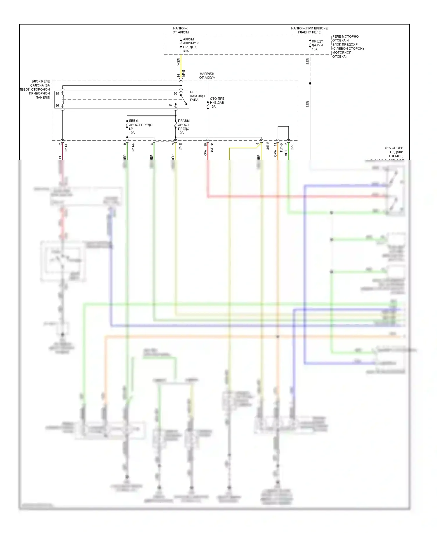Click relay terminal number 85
57,94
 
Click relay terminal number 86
57,106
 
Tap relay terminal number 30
175,94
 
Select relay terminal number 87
171,105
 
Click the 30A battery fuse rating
186,51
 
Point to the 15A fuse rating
213,107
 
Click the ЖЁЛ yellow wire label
179,62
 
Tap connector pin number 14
178,76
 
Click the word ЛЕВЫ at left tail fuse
133,121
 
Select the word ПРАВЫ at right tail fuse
184,121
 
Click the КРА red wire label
205,153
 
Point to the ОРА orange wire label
275,153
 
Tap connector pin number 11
275,144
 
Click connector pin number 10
205,144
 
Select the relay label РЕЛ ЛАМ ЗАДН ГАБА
198,96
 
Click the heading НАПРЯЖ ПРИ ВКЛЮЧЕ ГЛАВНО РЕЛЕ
309,30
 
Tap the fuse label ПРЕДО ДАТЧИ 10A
317,45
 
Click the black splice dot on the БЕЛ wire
310,84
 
